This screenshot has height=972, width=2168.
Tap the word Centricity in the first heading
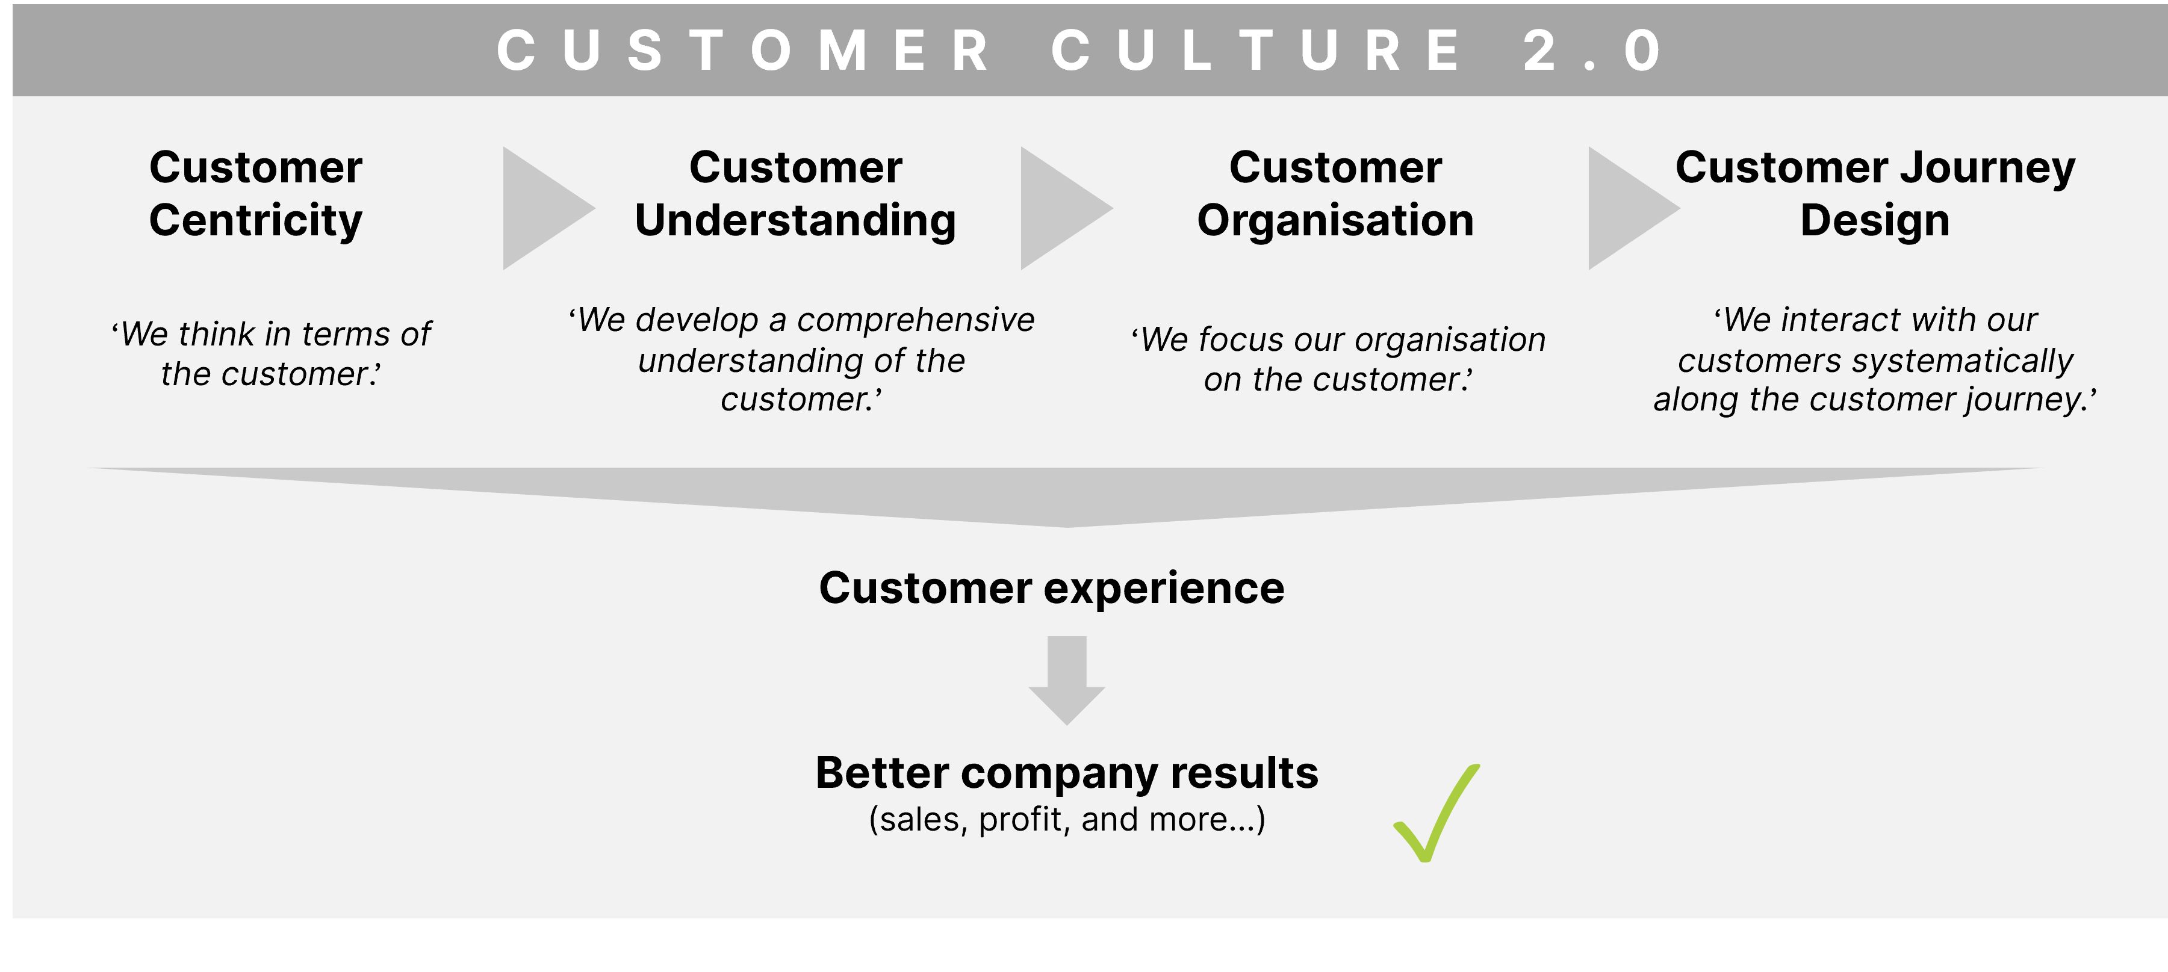click(x=256, y=220)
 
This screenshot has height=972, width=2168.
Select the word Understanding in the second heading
click(x=795, y=220)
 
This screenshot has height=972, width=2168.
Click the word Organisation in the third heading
click(x=1335, y=220)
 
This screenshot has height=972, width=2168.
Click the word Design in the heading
click(x=1875, y=220)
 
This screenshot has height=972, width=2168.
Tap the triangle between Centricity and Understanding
click(x=543, y=208)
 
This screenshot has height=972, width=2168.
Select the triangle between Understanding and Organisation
click(x=1060, y=208)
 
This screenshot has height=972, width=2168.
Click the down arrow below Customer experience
click(x=1066, y=680)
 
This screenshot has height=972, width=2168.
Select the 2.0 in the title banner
click(x=1592, y=51)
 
